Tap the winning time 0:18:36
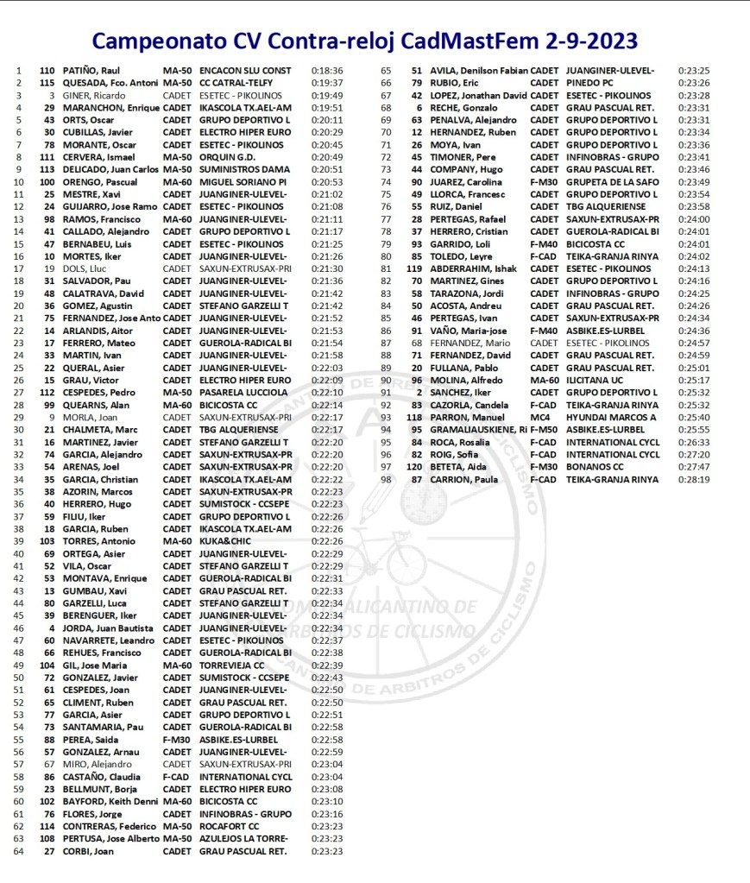[327, 71]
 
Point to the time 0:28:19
[693, 479]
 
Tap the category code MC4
[539, 418]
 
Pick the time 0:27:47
[693, 467]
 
